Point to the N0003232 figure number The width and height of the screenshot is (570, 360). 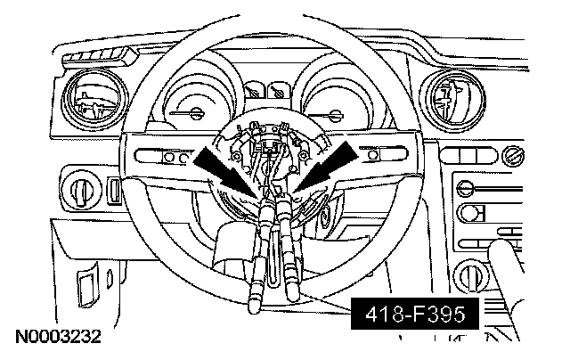56,339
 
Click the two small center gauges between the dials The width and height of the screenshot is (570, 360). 265,92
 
